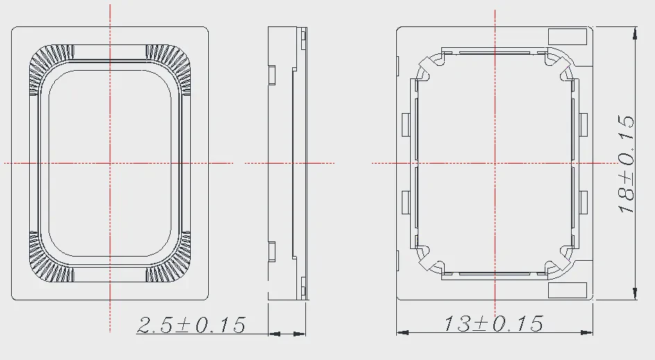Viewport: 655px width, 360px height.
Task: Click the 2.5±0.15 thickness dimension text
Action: click(192, 325)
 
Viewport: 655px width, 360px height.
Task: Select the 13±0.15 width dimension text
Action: click(493, 323)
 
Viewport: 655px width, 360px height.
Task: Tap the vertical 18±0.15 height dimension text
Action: click(626, 164)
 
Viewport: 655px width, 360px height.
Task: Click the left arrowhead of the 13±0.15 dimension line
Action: click(402, 332)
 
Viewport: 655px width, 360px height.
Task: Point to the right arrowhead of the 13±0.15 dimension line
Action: click(587, 332)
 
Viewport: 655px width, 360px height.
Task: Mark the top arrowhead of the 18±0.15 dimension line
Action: click(635, 33)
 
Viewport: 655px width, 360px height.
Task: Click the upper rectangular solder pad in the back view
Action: click(568, 36)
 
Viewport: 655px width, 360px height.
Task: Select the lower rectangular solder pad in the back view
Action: click(568, 290)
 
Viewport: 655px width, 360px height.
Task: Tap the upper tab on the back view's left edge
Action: click(406, 124)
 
